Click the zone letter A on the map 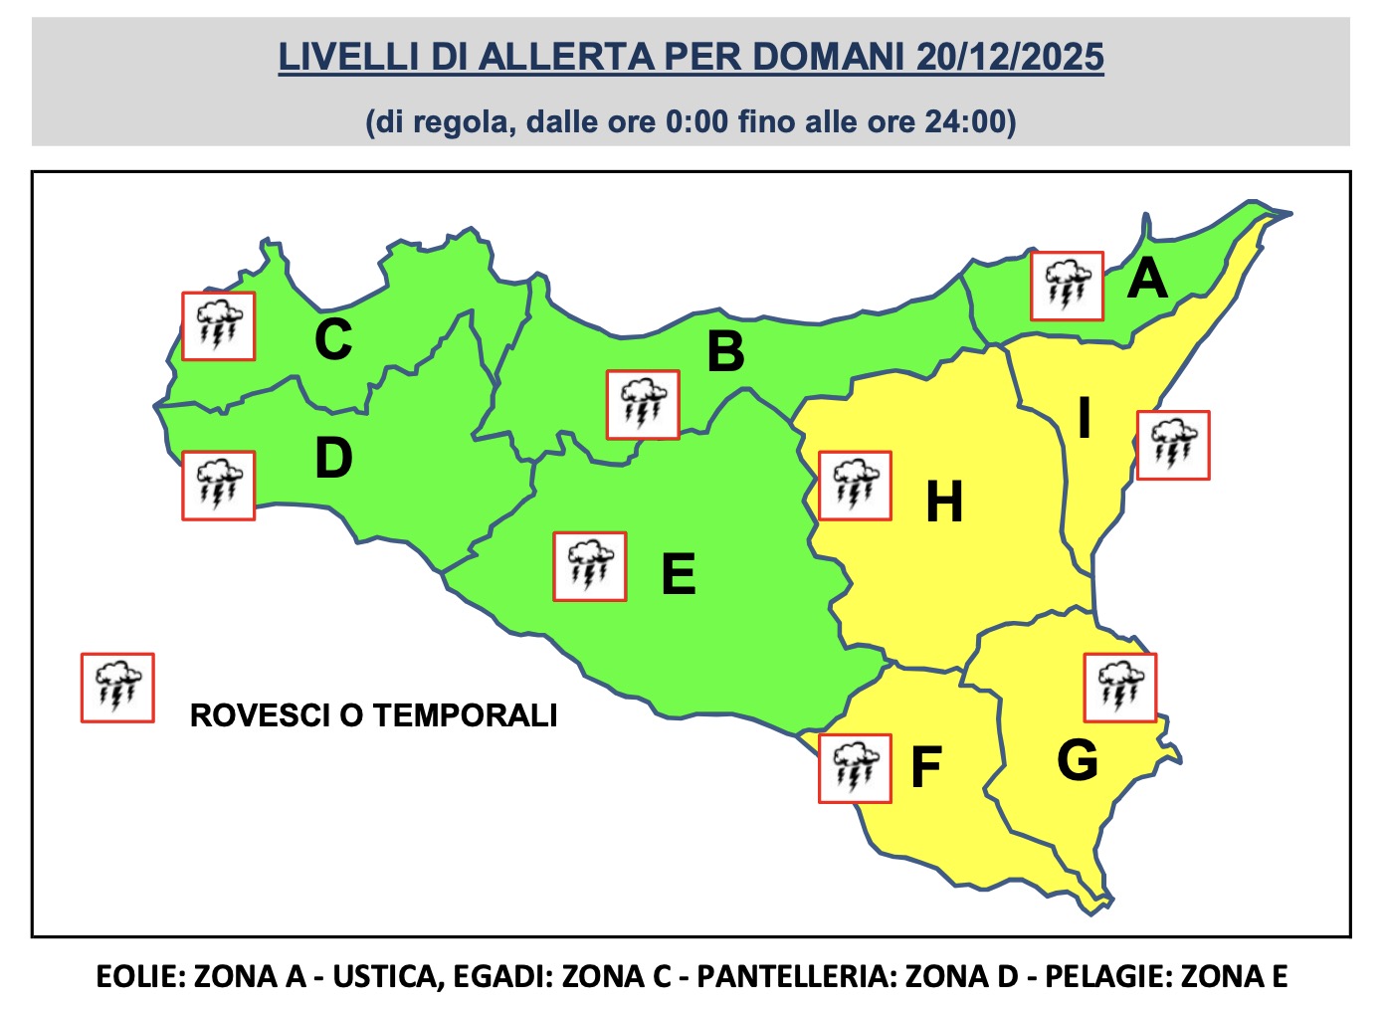[x=1147, y=279]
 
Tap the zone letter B [x=725, y=352]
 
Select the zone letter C [x=333, y=339]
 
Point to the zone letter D [x=333, y=459]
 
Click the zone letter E [x=679, y=574]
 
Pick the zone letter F [x=926, y=767]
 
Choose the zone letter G [x=1078, y=761]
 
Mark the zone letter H [x=944, y=502]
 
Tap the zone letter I [x=1085, y=418]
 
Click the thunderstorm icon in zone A [x=1067, y=286]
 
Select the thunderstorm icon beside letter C [x=218, y=326]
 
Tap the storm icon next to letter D [x=218, y=486]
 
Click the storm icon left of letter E [x=590, y=566]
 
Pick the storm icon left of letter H [x=855, y=486]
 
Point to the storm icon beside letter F [x=855, y=768]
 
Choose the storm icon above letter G [x=1119, y=688]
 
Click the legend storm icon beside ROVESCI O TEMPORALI [x=117, y=688]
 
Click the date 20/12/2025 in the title [x=1010, y=57]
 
